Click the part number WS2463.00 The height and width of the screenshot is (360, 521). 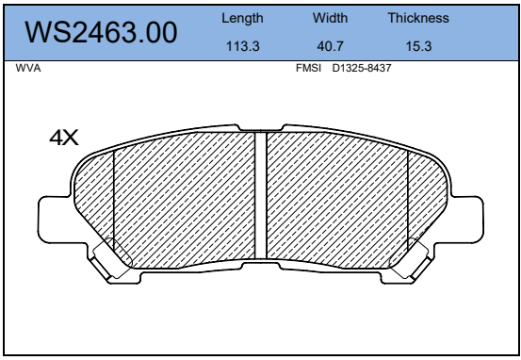pyautogui.click(x=101, y=32)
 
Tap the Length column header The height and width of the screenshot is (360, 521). pyautogui.click(x=242, y=18)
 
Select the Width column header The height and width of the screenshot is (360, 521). pyautogui.click(x=330, y=18)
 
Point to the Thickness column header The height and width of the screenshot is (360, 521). pyautogui.click(x=418, y=18)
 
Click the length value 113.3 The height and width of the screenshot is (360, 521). pyautogui.click(x=242, y=46)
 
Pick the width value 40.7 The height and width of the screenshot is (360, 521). pyautogui.click(x=330, y=46)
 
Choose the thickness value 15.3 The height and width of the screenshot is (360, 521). pyautogui.click(x=418, y=46)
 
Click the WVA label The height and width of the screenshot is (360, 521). pyautogui.click(x=28, y=68)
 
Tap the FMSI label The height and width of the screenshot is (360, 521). pyautogui.click(x=308, y=68)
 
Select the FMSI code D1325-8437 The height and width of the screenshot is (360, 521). pyautogui.click(x=362, y=68)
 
